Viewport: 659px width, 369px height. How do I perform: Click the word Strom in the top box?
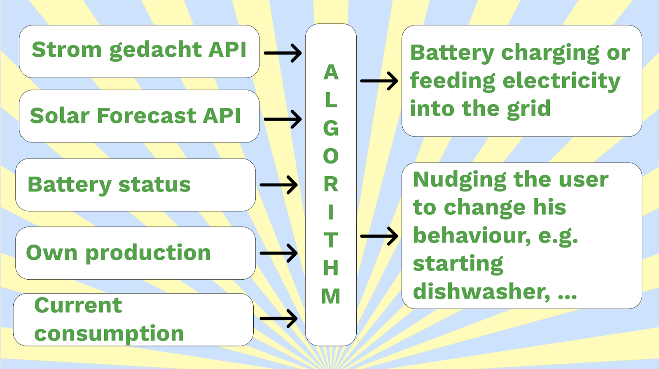[x=67, y=49]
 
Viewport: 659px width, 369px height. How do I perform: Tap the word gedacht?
[x=155, y=50]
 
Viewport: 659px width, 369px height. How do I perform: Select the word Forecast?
[x=147, y=115]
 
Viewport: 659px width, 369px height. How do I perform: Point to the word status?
[x=154, y=184]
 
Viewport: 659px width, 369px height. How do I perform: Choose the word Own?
[x=52, y=252]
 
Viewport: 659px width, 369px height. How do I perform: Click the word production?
[x=148, y=254]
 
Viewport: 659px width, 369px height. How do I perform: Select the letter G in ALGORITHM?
[x=331, y=128]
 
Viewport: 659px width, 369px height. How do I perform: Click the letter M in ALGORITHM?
[x=331, y=296]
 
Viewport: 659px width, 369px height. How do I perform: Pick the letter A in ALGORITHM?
[x=331, y=72]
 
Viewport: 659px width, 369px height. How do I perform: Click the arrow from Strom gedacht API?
[x=283, y=53]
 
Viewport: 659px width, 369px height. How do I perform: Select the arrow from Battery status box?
[x=278, y=185]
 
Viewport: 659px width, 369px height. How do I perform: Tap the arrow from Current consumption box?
[x=278, y=318]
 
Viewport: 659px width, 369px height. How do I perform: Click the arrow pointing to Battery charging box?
[x=379, y=81]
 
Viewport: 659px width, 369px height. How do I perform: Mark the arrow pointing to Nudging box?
[x=379, y=236]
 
